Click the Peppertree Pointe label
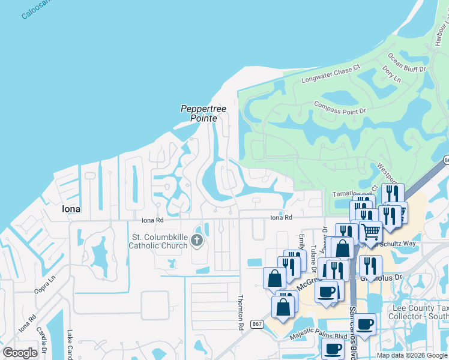(x=198, y=113)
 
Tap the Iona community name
(x=71, y=209)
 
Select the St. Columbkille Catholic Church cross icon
(x=197, y=241)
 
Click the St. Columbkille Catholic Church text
(x=160, y=241)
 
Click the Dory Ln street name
(x=391, y=75)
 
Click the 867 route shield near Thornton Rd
(x=256, y=325)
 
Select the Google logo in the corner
(x=20, y=353)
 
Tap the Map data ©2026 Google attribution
(x=412, y=355)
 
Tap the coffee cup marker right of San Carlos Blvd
(x=364, y=325)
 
